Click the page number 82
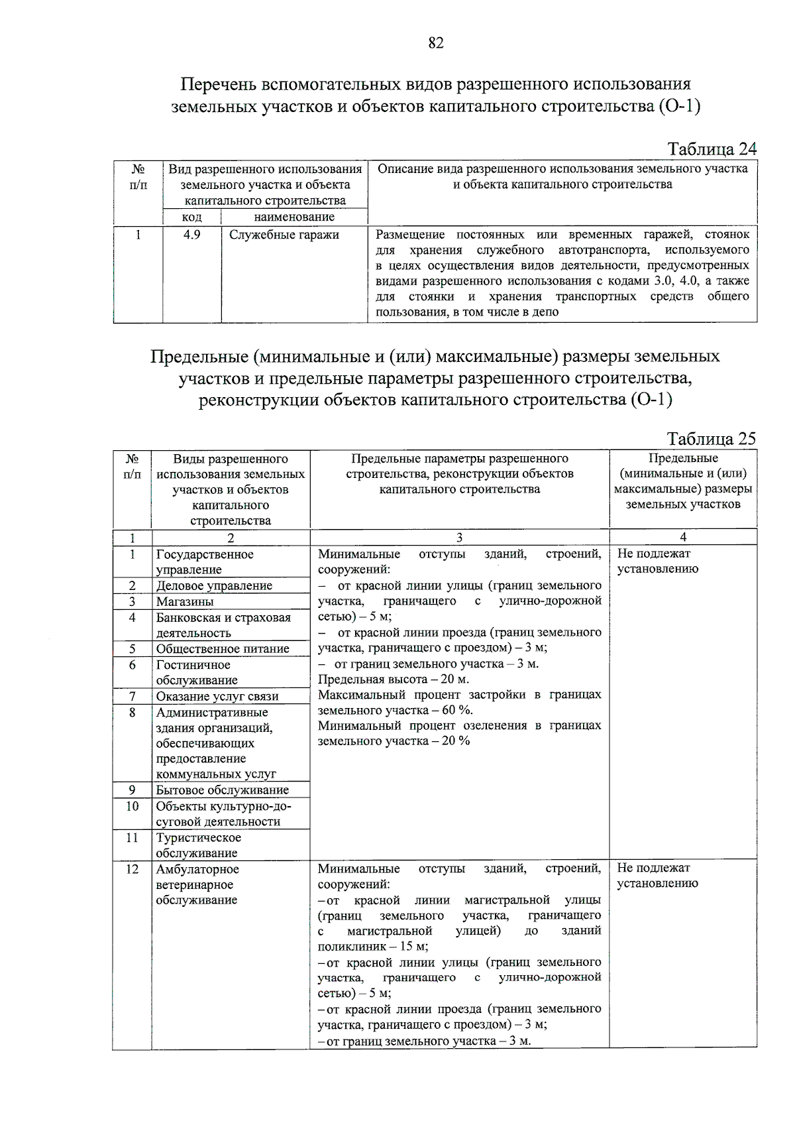coord(436,43)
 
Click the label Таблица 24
coord(712,148)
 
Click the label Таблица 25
coord(711,439)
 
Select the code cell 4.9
coord(192,235)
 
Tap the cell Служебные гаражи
coord(284,235)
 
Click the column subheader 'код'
coord(192,217)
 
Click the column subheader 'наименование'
coord(294,217)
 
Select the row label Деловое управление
coord(214,586)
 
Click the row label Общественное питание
coord(223,649)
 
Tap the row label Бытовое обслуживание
coord(223,790)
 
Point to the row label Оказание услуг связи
coord(217,697)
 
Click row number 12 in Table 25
coord(132,869)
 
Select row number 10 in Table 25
coord(132,806)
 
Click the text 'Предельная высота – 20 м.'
coord(394,680)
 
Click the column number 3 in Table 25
coord(459,538)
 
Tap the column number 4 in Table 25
coord(683,537)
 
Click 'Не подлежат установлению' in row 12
coord(657,875)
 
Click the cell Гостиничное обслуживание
coord(197,672)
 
